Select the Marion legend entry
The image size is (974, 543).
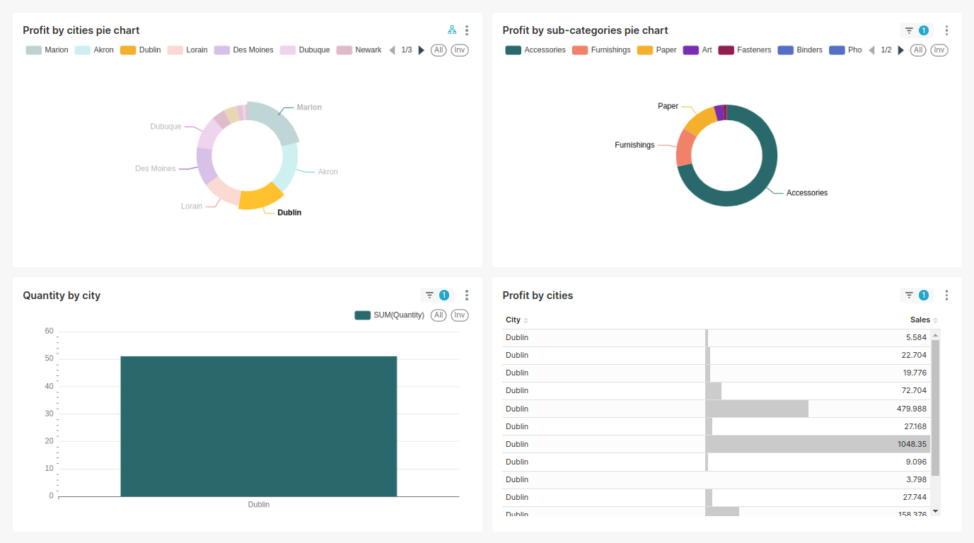coord(47,50)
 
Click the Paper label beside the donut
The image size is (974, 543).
coord(668,106)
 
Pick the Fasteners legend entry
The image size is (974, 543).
coord(745,50)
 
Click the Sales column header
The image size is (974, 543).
coord(920,320)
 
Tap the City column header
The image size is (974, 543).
coord(514,320)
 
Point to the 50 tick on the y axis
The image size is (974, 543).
coord(49,358)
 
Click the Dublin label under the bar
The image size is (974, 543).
coord(259,505)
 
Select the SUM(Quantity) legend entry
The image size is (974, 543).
coord(390,315)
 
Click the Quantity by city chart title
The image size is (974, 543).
coord(62,296)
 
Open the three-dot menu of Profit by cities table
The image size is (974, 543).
coord(946,296)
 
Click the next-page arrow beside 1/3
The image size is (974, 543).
coord(422,50)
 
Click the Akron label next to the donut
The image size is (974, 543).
coord(327,172)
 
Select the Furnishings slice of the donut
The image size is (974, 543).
coord(684,148)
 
